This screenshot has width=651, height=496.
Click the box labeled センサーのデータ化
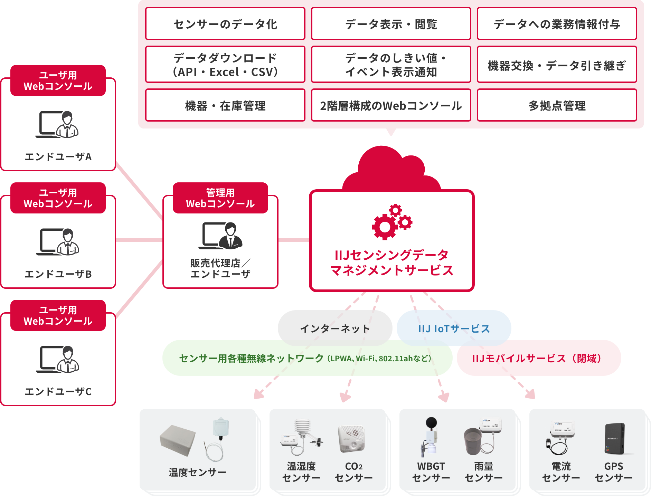[x=225, y=24]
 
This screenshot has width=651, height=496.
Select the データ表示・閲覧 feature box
[x=391, y=24]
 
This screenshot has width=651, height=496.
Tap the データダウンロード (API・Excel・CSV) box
[x=225, y=65]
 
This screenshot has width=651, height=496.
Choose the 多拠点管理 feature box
[x=557, y=105]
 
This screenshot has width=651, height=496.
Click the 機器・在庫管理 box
[x=225, y=105]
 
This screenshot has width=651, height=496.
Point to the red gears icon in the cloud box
[x=391, y=222]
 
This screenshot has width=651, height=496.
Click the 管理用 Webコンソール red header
[x=220, y=198]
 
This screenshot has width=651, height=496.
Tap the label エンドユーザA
[x=58, y=156]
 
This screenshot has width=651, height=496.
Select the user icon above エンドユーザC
[x=58, y=359]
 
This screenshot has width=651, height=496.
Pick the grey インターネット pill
[x=335, y=328]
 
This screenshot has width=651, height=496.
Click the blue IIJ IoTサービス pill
[x=454, y=328]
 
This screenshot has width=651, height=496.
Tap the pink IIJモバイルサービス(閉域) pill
[x=538, y=358]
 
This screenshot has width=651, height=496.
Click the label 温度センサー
[x=197, y=472]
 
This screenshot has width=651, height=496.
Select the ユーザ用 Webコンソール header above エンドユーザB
[x=58, y=198]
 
